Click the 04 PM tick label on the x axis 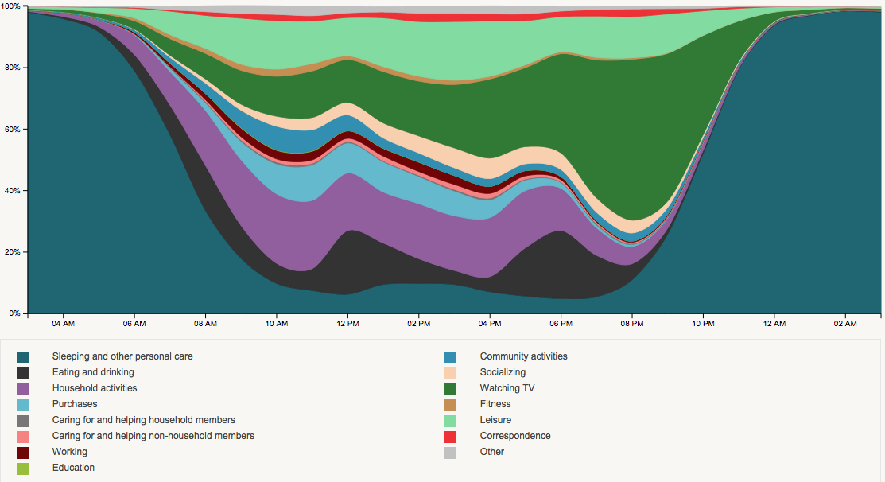tap(490, 323)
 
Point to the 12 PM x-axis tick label tap(347, 323)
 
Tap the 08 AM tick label tap(205, 323)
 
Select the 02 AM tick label tap(845, 323)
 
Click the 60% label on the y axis tap(13, 129)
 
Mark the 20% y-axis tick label tap(13, 252)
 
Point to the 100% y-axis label tap(11, 6)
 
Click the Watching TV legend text tap(507, 388)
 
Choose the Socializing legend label tap(503, 372)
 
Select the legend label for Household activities tap(95, 388)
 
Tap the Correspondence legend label tap(515, 436)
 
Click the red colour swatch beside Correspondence tap(450, 437)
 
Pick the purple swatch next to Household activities tap(23, 389)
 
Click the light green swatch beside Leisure tap(450, 421)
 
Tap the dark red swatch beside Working tap(23, 453)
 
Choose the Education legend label tap(73, 468)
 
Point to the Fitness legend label tap(495, 404)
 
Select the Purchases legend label tap(75, 404)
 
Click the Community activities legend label tap(523, 356)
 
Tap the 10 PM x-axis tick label tap(703, 323)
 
